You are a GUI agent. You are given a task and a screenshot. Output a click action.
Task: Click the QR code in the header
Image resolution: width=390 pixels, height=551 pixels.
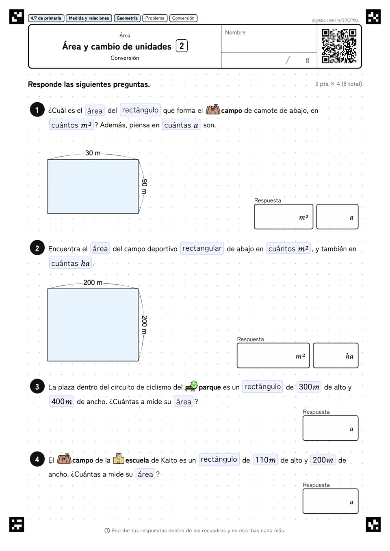click(339, 46)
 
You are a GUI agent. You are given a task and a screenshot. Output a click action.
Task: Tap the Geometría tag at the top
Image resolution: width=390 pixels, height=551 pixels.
click(127, 18)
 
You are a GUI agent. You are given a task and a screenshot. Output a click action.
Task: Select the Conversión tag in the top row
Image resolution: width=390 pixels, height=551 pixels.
click(183, 18)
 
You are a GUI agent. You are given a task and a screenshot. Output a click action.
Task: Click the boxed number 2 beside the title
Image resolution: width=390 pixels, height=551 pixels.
click(182, 46)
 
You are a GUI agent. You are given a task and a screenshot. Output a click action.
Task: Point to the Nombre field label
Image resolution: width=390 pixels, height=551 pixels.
click(235, 32)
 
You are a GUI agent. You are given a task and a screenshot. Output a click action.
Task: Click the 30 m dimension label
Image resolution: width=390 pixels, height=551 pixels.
click(93, 153)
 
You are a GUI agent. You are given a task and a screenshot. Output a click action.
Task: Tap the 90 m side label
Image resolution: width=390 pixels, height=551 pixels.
click(145, 187)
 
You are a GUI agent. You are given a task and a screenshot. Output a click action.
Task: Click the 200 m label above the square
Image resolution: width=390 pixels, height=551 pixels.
click(93, 282)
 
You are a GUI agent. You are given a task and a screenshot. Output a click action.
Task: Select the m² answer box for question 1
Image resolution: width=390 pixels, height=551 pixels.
click(284, 217)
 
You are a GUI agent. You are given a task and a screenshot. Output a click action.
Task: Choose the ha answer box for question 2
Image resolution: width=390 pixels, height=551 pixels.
click(336, 355)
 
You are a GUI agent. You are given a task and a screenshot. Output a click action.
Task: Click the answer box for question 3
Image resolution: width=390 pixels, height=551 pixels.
click(330, 428)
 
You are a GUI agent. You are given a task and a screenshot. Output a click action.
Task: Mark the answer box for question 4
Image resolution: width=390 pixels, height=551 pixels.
click(330, 501)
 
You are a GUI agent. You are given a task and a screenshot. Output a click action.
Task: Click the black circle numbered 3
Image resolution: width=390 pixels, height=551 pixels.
click(37, 386)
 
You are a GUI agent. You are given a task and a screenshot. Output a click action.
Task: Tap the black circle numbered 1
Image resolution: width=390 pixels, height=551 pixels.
click(37, 110)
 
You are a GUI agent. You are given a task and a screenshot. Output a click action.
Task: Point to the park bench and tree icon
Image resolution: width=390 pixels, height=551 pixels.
click(191, 386)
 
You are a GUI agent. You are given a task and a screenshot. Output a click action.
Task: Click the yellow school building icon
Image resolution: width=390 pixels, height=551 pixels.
click(119, 459)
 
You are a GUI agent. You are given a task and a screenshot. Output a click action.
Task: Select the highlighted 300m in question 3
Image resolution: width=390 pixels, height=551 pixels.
click(309, 387)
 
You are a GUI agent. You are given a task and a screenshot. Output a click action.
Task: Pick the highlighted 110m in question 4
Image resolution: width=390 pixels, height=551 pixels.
click(265, 460)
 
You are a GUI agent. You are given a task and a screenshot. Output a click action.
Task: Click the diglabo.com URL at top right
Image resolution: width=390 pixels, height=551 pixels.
click(335, 20)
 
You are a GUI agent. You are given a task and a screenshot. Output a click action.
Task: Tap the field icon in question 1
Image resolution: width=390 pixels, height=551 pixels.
click(213, 110)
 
